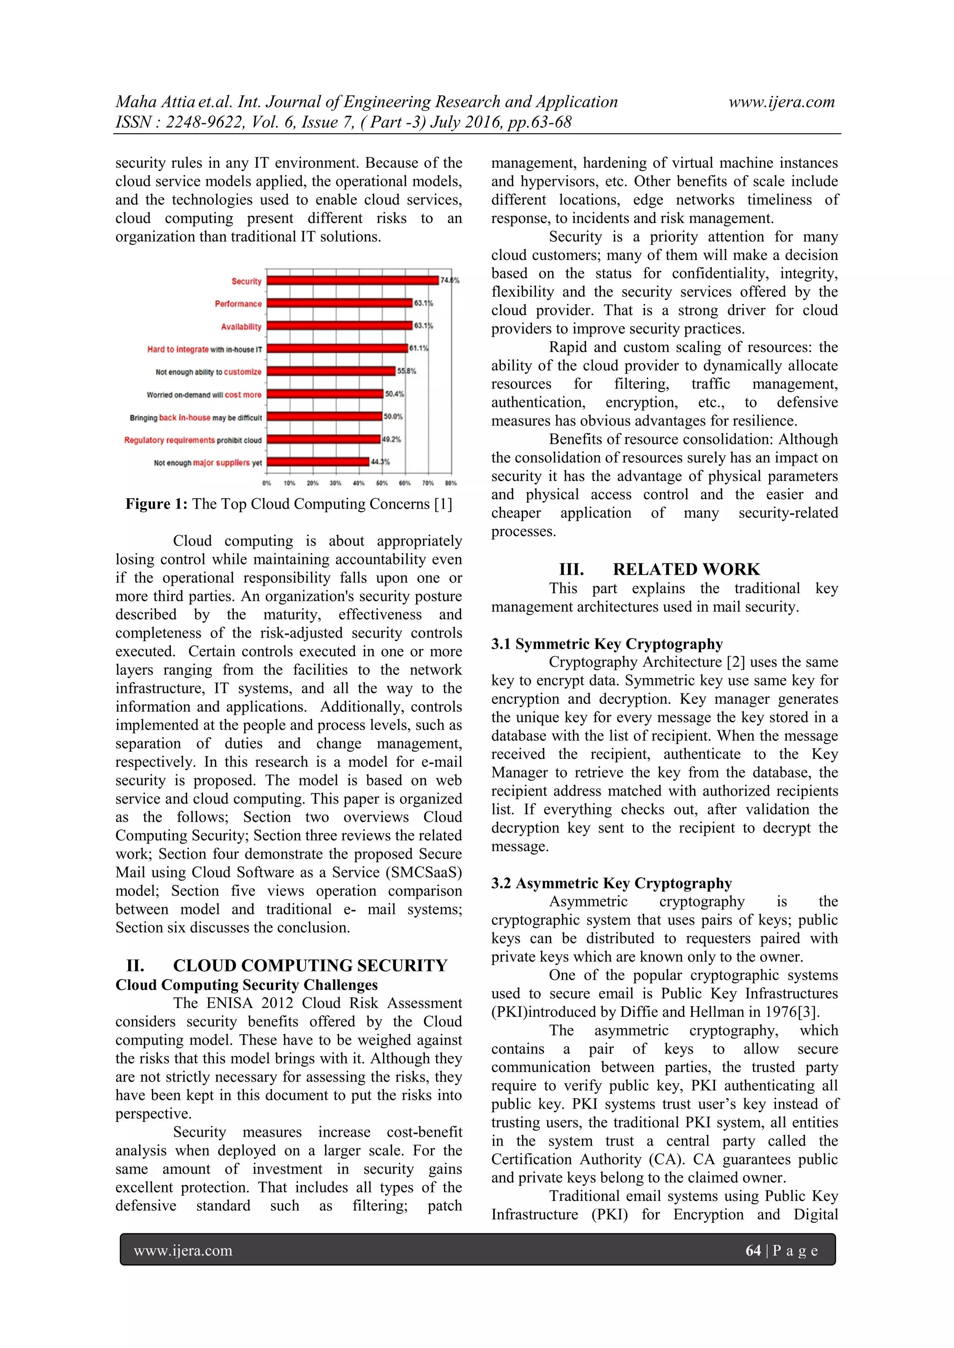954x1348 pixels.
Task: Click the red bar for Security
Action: tap(353, 281)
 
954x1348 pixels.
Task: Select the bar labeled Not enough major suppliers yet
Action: tap(318, 462)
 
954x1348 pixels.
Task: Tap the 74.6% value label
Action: tap(450, 281)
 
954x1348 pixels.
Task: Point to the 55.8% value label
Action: tap(407, 371)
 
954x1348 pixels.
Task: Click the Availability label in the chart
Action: tap(241, 326)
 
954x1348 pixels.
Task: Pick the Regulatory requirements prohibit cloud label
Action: tap(193, 440)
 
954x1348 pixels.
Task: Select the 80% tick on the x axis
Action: tap(450, 483)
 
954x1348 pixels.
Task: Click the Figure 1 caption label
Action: tap(156, 504)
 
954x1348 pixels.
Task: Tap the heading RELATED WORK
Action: tap(686, 569)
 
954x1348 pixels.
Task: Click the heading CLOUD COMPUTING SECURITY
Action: tap(310, 966)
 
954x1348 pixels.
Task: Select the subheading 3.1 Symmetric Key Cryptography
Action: tap(607, 644)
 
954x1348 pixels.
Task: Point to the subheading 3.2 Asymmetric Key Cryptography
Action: tap(612, 884)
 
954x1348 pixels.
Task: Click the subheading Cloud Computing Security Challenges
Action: tap(246, 985)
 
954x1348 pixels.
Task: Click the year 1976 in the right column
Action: tap(781, 1012)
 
